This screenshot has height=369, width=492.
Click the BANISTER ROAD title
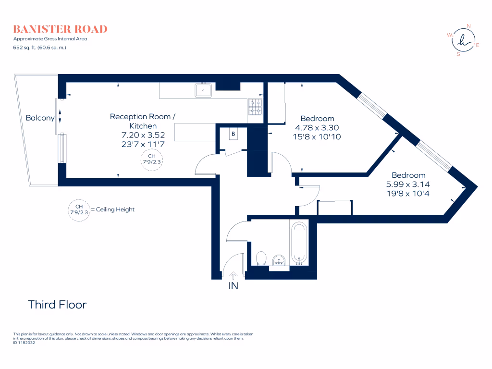pos(60,29)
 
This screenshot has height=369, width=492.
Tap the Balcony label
pos(40,118)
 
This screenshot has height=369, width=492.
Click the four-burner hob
pos(255,107)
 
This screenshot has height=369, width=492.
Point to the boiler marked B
pos(234,134)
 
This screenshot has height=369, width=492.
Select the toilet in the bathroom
pos(261,258)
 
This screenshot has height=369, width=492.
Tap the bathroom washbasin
pos(279,261)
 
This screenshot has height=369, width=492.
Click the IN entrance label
pos(233,285)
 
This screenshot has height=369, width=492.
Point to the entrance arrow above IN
pos(233,275)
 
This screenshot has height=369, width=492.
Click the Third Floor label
pos(57,304)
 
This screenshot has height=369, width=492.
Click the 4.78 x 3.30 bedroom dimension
pos(317,128)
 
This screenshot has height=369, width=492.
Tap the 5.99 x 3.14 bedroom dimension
pos(408,184)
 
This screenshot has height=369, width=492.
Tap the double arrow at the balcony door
pos(60,116)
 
